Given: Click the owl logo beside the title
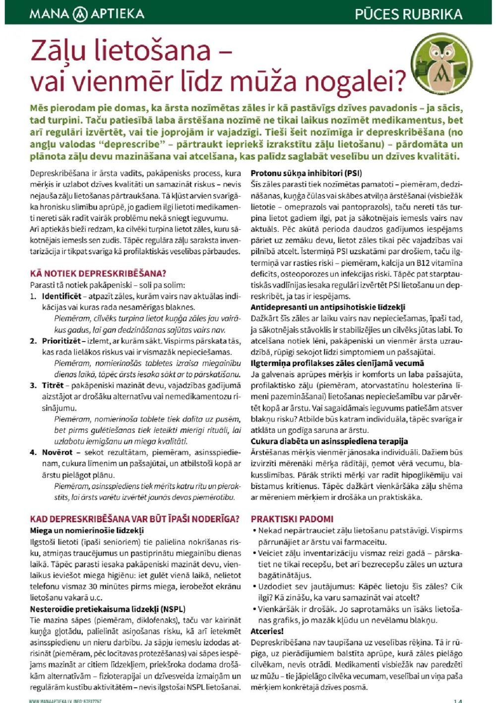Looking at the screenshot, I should tap(441, 63).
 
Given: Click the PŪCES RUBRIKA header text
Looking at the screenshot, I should tap(408, 14).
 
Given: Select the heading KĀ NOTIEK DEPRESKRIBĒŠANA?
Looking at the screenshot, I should tap(98, 274).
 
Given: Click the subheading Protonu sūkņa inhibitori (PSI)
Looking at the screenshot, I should tap(306, 173).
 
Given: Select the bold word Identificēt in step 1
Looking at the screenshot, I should tap(62, 296).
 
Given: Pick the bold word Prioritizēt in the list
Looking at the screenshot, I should tap(61, 341).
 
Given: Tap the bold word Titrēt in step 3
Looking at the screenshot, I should tap(53, 385).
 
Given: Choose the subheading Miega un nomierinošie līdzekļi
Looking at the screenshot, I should tap(87, 530).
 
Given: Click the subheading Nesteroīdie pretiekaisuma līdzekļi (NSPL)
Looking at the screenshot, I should tap(107, 609).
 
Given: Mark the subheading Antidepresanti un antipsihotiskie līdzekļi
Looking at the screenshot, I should tap(328, 307).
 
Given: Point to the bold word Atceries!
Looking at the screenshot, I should tap(267, 631).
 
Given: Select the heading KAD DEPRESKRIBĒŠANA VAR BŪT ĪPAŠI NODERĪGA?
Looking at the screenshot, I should tap(134, 519).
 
